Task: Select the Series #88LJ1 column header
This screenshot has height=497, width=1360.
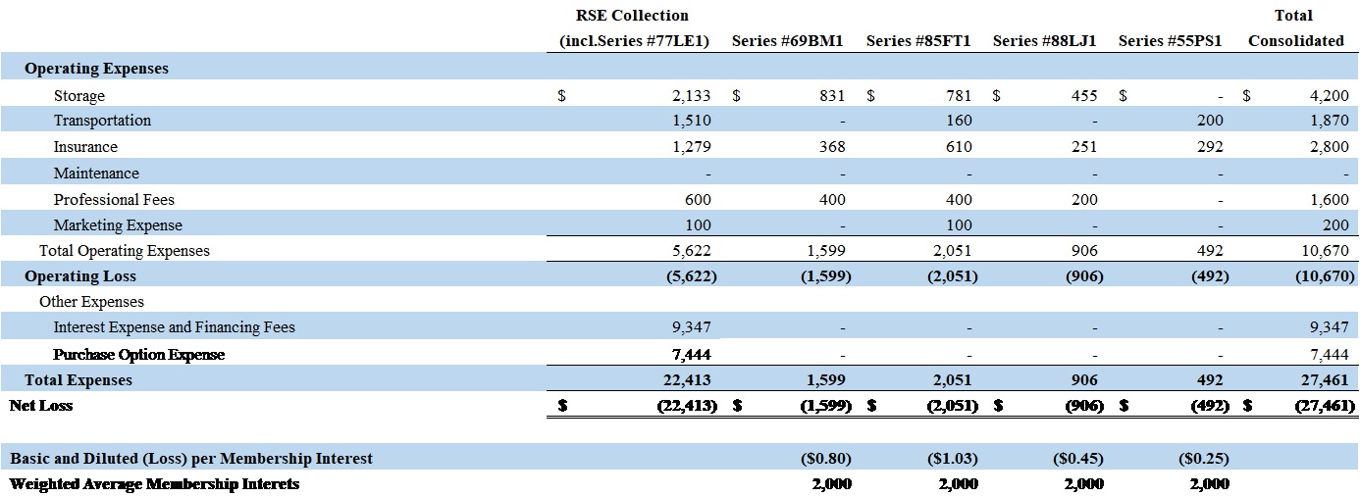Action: pos(1044,41)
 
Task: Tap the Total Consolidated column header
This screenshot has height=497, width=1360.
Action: pos(1295,28)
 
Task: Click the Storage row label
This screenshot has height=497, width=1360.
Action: pos(79,96)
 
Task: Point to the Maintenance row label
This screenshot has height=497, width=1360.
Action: pos(96,174)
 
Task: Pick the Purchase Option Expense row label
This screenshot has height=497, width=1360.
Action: pos(139,355)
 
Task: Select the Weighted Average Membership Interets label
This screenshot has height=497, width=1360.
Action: pos(154,484)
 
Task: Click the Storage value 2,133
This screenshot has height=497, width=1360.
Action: pos(691,96)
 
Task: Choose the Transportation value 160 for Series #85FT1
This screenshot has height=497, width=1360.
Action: pos(959,121)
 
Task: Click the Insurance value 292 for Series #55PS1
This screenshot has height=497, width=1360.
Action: pos(1210,147)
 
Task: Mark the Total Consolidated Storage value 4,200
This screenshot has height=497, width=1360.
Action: pos(1329,96)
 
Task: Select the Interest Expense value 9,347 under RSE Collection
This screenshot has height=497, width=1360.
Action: pos(692,327)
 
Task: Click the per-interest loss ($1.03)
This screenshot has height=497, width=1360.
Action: pos(952,459)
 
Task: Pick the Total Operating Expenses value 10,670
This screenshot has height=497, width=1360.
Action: pos(1325,251)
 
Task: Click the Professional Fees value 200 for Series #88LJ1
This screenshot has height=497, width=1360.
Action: pos(1084,200)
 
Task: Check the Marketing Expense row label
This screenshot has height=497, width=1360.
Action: pos(118,225)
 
